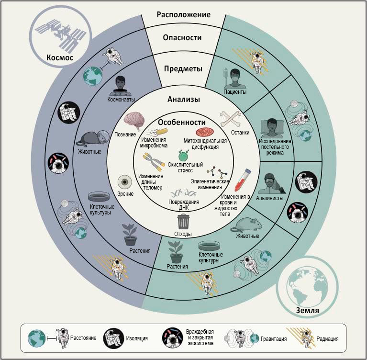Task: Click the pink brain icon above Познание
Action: point(134,121)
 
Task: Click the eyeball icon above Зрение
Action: point(125,182)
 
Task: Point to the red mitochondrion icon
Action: point(205,133)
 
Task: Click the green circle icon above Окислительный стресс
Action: point(183,155)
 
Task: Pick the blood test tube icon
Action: point(243,180)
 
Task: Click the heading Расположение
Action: point(184,14)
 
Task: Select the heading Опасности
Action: point(182,37)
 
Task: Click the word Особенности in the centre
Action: point(182,122)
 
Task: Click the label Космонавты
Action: point(121,100)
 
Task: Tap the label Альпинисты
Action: point(270,198)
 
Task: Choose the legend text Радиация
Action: point(327,338)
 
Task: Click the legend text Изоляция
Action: point(137,338)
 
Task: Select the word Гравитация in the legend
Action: point(274,338)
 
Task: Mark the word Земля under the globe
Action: point(308,310)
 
